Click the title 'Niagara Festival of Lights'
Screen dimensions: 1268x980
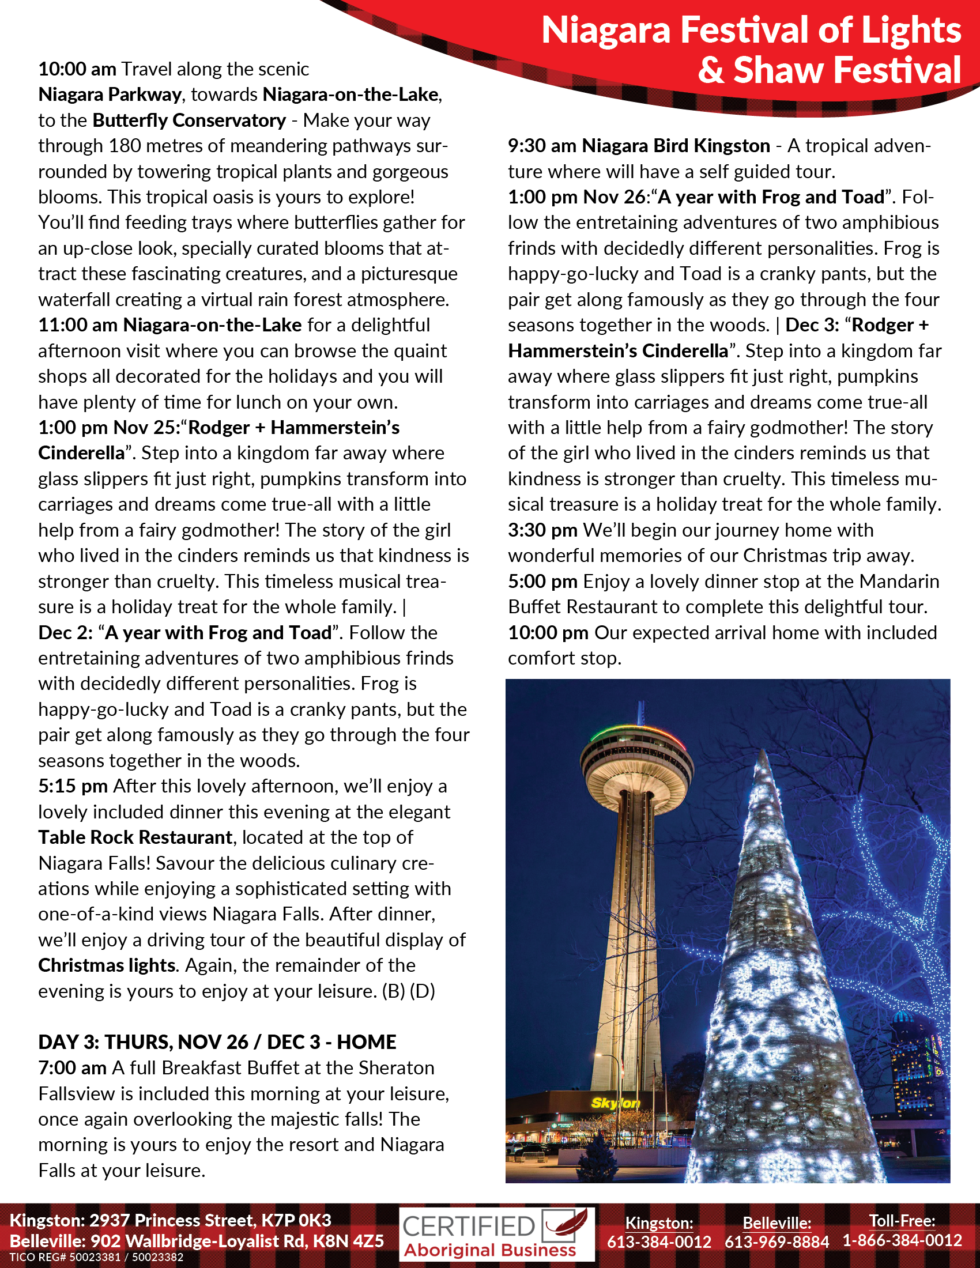750,30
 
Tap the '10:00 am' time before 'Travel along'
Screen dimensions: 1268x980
77,69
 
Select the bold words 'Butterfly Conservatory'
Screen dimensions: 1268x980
189,120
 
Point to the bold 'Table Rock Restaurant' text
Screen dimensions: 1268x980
135,837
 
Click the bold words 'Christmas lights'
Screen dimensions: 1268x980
107,965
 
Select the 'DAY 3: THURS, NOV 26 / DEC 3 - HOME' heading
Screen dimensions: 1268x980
217,1041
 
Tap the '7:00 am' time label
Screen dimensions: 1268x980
73,1067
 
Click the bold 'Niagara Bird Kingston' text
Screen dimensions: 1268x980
676,146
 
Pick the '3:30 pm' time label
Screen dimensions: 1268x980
542,530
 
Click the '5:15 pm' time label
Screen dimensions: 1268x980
73,786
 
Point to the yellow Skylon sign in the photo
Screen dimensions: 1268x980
616,1103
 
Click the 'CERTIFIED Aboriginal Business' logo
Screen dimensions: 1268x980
496,1235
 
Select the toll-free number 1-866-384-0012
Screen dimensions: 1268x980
902,1241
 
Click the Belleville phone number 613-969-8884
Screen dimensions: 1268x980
777,1242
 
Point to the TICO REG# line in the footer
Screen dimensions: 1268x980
96,1258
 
